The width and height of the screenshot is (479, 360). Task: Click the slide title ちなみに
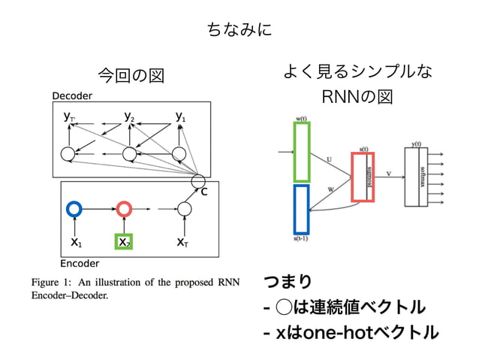tap(239, 30)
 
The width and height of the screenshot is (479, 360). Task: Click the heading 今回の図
tap(131, 75)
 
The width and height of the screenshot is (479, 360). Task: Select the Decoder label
tap(72, 96)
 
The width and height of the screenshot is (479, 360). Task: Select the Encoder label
tap(80, 264)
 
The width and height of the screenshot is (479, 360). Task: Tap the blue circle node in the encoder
tap(74, 208)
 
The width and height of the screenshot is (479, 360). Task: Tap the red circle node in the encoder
tap(125, 208)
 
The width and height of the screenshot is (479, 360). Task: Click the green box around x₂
tap(124, 242)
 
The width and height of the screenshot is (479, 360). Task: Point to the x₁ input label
tap(76, 243)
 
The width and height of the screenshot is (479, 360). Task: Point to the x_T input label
tap(182, 243)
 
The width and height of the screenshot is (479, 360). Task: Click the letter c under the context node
tap(203, 192)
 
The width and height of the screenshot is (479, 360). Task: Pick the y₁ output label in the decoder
tap(181, 116)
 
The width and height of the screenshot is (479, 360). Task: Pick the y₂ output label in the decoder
tap(130, 116)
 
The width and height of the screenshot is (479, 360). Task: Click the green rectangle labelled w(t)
tap(302, 152)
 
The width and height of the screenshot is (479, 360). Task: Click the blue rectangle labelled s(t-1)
tap(302, 208)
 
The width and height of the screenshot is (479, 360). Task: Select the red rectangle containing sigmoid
tap(363, 177)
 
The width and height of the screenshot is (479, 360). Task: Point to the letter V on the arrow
tap(388, 173)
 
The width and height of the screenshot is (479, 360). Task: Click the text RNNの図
tap(357, 98)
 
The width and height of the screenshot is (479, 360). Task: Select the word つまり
tap(288, 282)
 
